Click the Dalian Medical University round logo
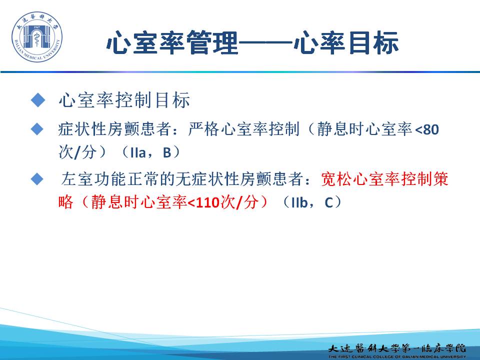tap(36, 36)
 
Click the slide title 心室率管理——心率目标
tap(252, 42)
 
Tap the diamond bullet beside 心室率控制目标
tap(38, 100)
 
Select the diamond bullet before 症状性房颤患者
tap(37, 129)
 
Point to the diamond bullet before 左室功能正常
tap(37, 179)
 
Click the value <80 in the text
tap(426, 129)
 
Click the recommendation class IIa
tap(138, 152)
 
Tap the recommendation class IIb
tap(299, 202)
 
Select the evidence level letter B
tap(167, 152)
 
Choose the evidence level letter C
tap(328, 202)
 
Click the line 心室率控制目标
tap(124, 100)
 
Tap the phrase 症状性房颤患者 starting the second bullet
tap(114, 129)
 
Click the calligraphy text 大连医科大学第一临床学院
tap(397, 348)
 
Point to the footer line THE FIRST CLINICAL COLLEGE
tap(397, 356)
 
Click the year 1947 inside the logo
tap(36, 27)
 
